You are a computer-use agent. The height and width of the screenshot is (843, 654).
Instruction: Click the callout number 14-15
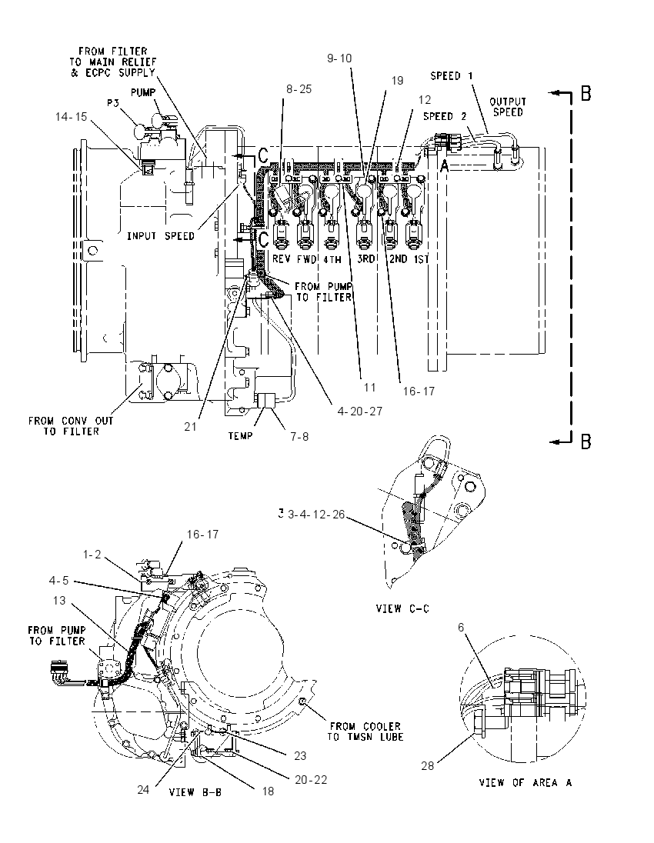click(71, 117)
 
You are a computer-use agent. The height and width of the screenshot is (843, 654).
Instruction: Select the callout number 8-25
click(299, 89)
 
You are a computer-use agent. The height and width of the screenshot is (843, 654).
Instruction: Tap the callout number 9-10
click(339, 58)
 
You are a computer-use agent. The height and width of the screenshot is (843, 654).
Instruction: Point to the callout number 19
click(397, 81)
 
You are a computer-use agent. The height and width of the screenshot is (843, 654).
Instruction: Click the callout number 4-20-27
click(360, 412)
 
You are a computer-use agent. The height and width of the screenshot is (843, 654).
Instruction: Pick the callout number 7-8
click(299, 437)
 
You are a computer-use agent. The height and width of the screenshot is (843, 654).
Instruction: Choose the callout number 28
click(427, 765)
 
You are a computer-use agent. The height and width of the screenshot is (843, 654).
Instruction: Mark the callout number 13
click(59, 600)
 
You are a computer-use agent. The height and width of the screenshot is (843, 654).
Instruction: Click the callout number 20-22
click(311, 780)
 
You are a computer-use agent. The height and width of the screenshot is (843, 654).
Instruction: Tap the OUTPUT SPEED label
click(508, 107)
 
